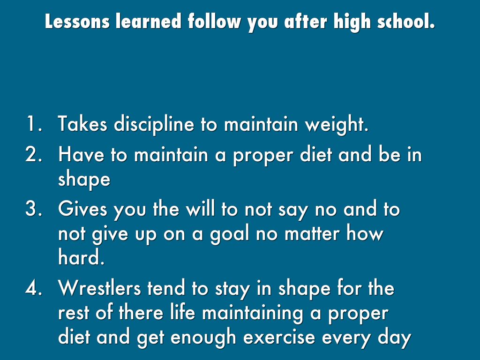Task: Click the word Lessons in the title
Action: click(77, 22)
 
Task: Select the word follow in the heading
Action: click(214, 22)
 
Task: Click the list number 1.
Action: click(34, 124)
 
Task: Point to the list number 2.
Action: click(34, 154)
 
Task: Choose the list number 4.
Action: click(34, 288)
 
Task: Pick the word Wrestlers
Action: click(99, 288)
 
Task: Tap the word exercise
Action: click(279, 337)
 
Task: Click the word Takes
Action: click(82, 124)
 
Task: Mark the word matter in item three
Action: click(312, 233)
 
